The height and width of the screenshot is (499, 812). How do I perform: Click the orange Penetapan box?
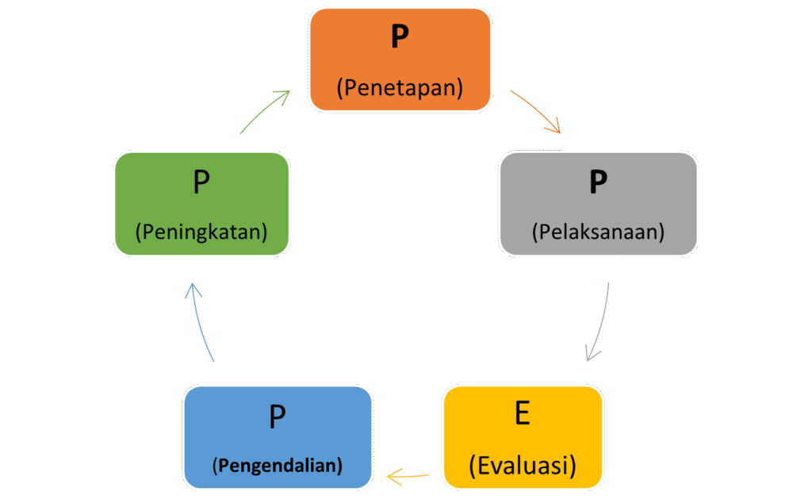400,59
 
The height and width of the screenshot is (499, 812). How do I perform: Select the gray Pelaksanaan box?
598,204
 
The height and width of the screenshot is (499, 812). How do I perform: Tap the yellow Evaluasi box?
523,437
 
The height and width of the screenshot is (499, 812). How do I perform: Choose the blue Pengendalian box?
278,437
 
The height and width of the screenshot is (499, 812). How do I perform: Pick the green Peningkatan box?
201,204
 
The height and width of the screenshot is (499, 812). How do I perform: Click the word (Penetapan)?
400,87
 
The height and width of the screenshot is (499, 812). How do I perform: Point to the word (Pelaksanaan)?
598,232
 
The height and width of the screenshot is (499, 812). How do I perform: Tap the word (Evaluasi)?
523,466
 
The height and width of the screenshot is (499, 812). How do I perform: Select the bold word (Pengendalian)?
278,466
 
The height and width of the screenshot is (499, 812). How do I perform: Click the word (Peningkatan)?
201,232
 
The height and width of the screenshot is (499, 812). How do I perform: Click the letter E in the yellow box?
523,413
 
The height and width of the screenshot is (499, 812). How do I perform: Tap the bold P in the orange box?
400,36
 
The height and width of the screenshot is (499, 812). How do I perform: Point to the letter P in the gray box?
598,182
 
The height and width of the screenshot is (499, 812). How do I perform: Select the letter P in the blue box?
278,416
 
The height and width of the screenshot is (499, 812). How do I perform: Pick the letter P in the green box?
201,182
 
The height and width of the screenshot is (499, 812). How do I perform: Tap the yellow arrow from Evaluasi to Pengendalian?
408,476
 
